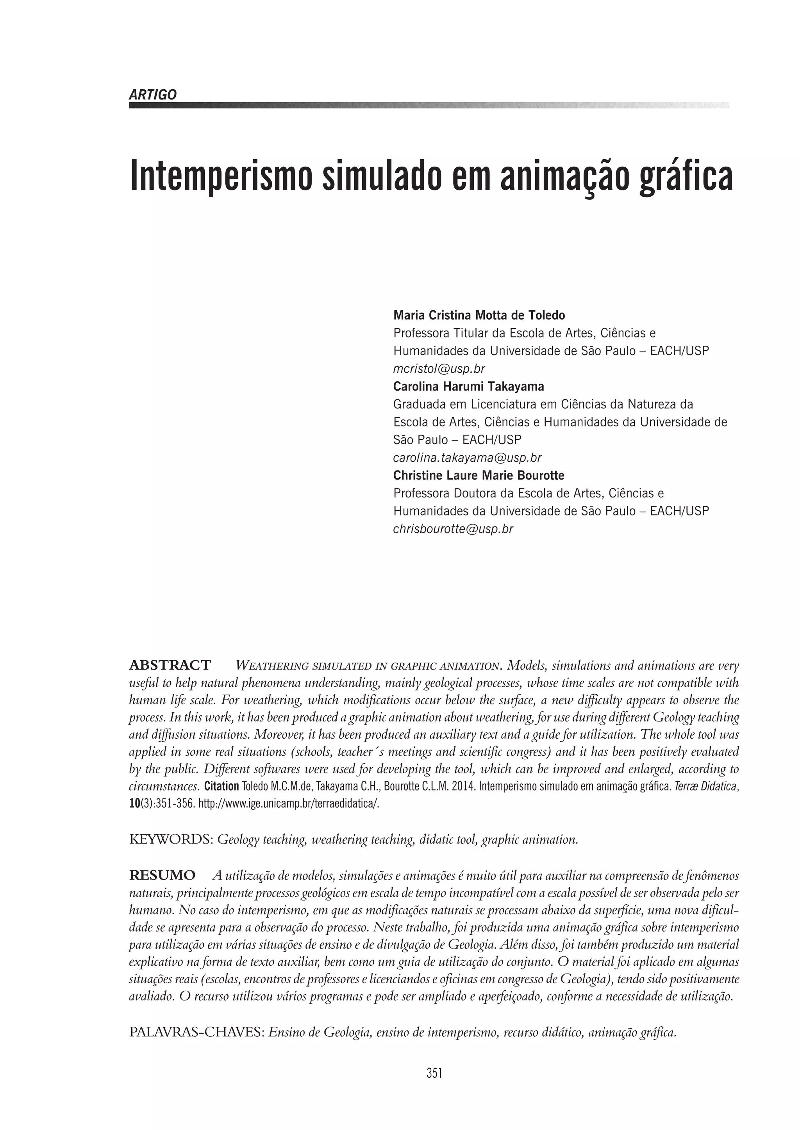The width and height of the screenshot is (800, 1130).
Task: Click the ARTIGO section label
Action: (x=152, y=95)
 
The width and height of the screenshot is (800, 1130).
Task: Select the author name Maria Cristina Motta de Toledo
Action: (x=479, y=315)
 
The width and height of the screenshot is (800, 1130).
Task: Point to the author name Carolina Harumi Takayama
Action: (x=468, y=386)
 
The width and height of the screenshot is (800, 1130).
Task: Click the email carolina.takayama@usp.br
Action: (x=467, y=458)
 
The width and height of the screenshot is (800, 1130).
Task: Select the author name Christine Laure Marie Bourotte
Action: (x=479, y=475)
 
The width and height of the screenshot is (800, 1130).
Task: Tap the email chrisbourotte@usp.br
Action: (x=453, y=529)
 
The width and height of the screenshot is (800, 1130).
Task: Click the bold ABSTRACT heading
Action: (x=170, y=665)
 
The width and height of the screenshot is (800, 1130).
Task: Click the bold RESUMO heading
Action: (x=162, y=876)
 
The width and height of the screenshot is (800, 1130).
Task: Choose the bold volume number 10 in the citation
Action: (x=134, y=803)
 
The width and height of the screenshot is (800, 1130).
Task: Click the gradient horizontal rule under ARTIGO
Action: (x=429, y=105)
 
